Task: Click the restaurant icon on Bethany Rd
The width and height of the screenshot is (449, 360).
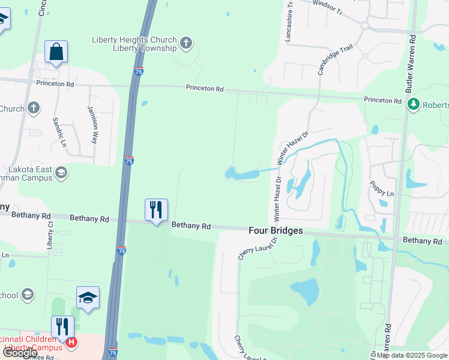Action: coord(156,210)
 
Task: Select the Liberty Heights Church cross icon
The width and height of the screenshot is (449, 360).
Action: coord(186,43)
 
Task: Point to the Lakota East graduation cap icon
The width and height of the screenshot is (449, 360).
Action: coord(60,173)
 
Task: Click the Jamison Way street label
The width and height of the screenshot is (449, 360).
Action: coord(92,124)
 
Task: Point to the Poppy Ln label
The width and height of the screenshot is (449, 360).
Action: coord(381,189)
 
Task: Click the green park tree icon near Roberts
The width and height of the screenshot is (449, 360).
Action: coord(413,104)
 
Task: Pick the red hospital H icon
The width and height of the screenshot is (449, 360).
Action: coord(71,343)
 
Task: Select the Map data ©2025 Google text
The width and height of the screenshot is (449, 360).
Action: coord(412,355)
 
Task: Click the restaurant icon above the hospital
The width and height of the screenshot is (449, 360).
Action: coord(62,327)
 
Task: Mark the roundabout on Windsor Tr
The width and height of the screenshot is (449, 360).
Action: coord(364,25)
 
